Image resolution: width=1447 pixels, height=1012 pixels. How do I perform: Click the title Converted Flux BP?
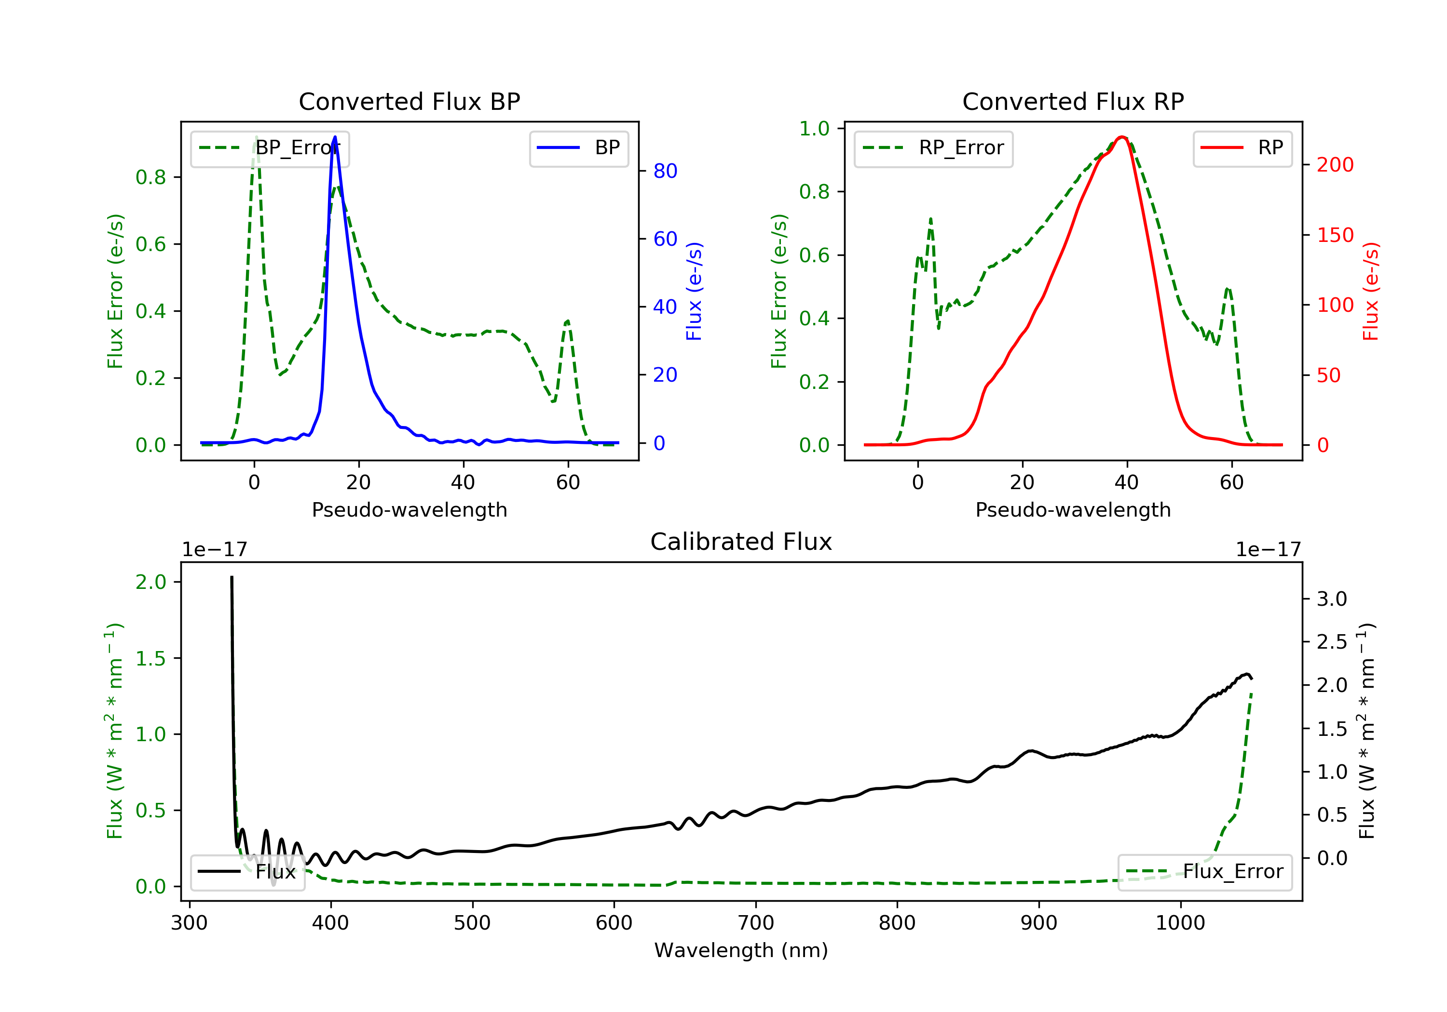(x=409, y=101)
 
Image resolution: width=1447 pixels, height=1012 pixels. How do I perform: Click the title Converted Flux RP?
(x=1073, y=101)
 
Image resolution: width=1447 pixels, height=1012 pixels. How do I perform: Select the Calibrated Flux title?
(x=741, y=542)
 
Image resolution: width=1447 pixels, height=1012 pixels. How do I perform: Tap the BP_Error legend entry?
(x=270, y=148)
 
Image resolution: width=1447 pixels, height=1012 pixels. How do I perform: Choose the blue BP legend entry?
(x=578, y=148)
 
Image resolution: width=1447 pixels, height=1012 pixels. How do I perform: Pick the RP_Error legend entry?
(x=933, y=148)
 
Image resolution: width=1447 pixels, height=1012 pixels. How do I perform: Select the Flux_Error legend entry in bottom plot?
(x=1204, y=872)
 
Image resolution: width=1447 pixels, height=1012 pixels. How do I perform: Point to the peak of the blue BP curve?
(x=335, y=137)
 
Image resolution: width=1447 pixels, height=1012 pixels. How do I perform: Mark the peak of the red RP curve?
(x=1122, y=137)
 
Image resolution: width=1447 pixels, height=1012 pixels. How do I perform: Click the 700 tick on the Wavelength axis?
(x=756, y=923)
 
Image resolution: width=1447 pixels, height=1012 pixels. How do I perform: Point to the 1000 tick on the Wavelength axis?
(x=1180, y=923)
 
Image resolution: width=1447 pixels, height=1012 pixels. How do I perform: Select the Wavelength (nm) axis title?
(x=741, y=950)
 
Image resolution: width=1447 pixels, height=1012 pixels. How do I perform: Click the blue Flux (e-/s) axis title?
(x=694, y=292)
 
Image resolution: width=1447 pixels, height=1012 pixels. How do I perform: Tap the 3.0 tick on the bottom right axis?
(x=1332, y=599)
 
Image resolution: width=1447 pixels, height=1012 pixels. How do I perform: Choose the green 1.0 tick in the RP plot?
(x=814, y=129)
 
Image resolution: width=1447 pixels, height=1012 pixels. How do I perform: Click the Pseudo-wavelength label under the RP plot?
(x=1073, y=509)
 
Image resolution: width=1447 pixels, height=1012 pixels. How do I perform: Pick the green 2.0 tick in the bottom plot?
(x=150, y=582)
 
